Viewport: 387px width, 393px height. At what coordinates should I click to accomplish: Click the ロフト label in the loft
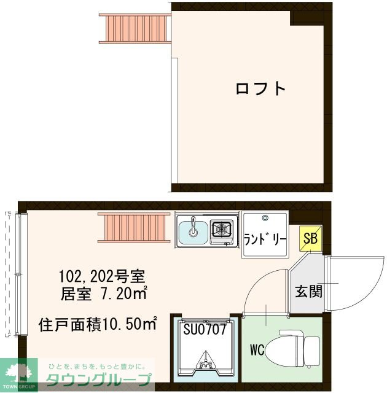click(x=261, y=88)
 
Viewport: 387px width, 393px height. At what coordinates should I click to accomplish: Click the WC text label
click(x=257, y=351)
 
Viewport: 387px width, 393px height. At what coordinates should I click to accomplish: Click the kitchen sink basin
click(x=193, y=231)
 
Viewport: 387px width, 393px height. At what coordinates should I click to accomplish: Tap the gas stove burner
click(x=221, y=230)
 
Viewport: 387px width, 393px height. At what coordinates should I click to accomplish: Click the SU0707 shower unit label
click(x=205, y=328)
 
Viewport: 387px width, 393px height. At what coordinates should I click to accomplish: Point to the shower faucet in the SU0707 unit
click(x=205, y=365)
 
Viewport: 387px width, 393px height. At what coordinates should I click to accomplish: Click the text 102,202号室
click(x=101, y=274)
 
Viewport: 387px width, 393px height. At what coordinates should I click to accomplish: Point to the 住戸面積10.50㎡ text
click(x=98, y=324)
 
